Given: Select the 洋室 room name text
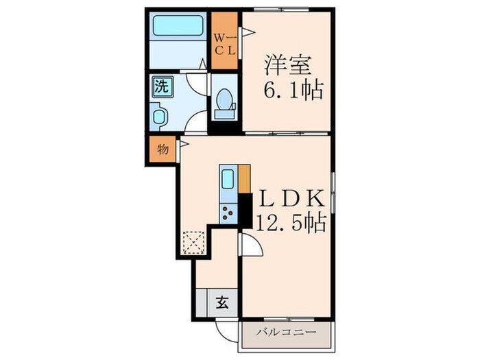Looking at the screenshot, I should [x=289, y=66].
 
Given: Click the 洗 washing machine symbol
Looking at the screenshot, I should [x=160, y=86].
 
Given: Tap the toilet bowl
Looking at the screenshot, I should [x=224, y=104].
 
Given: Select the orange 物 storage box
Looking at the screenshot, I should [x=162, y=148].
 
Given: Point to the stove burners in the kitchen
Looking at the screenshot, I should [x=228, y=213].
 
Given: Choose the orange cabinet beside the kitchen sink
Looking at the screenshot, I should [x=244, y=179].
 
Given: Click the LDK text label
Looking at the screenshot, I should [x=289, y=198].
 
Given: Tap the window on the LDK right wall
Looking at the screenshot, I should [x=333, y=191].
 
